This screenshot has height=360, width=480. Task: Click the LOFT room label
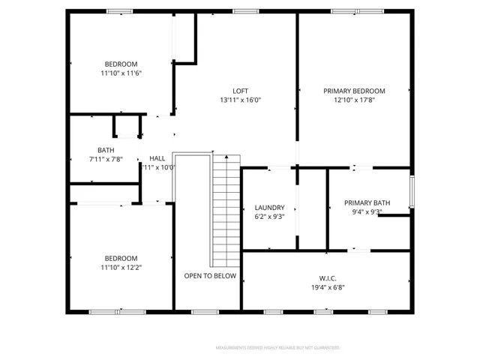point(240,91)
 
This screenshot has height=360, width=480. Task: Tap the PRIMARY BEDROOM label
point(354,91)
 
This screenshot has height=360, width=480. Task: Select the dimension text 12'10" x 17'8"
point(354,100)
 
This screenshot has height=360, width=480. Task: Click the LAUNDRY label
point(269,208)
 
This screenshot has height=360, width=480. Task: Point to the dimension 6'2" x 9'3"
point(269,217)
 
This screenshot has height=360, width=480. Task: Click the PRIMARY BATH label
point(367,202)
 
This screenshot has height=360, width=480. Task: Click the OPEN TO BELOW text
point(210,276)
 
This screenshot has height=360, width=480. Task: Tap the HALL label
point(157,158)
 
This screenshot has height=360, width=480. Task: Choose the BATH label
point(106,150)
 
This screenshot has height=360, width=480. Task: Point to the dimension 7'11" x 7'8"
point(106,159)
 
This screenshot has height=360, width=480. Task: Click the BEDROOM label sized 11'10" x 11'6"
point(121,64)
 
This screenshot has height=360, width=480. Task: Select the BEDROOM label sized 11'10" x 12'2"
point(121,258)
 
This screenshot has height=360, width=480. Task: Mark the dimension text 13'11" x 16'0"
point(240,100)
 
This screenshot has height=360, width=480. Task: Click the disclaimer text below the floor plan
point(277,348)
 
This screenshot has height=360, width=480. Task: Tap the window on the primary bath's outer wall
point(411,192)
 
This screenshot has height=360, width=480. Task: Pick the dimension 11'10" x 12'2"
point(121,267)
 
